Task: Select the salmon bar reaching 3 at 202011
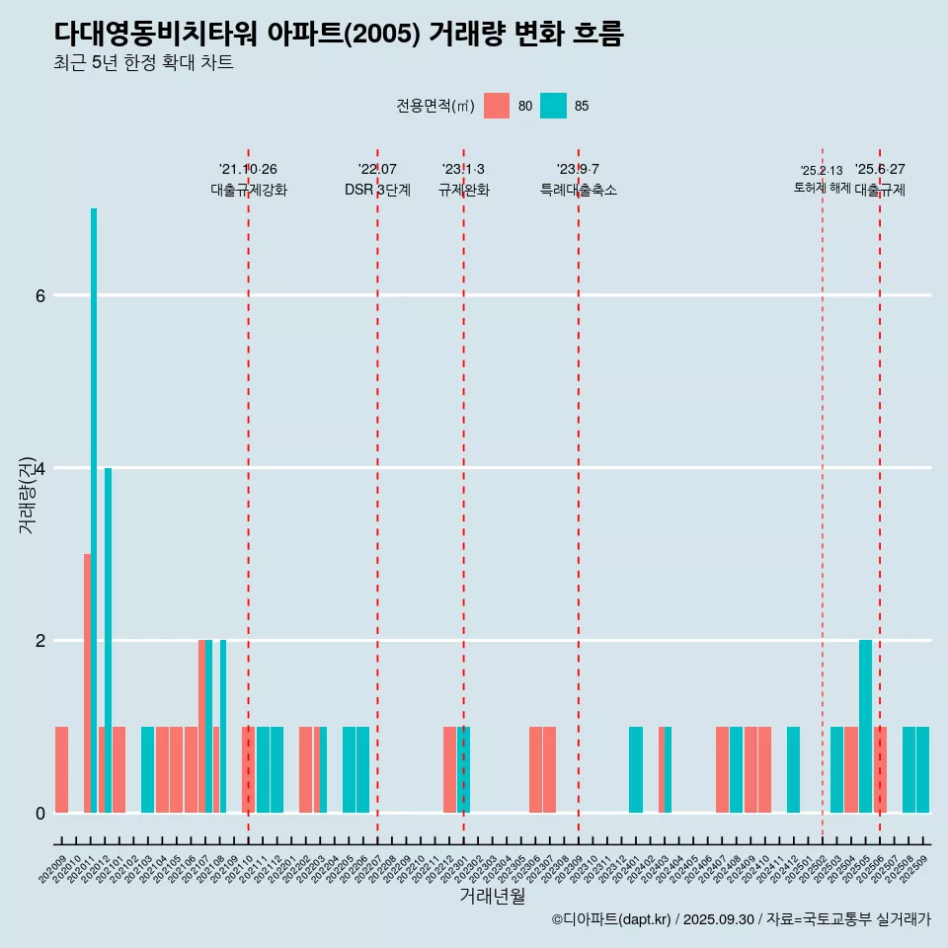[x=87, y=682]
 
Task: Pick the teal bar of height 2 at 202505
[x=865, y=726]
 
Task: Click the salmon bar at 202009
[x=61, y=769]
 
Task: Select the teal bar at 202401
[x=636, y=769]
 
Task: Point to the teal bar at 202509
[x=922, y=769]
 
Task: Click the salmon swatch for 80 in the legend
[x=497, y=106]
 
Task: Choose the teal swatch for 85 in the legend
[x=553, y=106]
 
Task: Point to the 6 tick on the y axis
[x=39, y=295]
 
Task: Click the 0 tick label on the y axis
[x=39, y=813]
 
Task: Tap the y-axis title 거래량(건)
[x=28, y=494]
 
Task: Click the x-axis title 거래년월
[x=492, y=896]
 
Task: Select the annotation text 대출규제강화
[x=249, y=190]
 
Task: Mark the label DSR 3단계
[x=377, y=190]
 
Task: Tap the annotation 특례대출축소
[x=579, y=190]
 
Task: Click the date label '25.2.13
[x=822, y=171]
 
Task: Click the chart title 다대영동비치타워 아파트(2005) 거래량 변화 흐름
[x=339, y=34]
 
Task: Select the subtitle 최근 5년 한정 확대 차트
[x=144, y=63]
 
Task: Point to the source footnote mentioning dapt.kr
[x=741, y=919]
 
